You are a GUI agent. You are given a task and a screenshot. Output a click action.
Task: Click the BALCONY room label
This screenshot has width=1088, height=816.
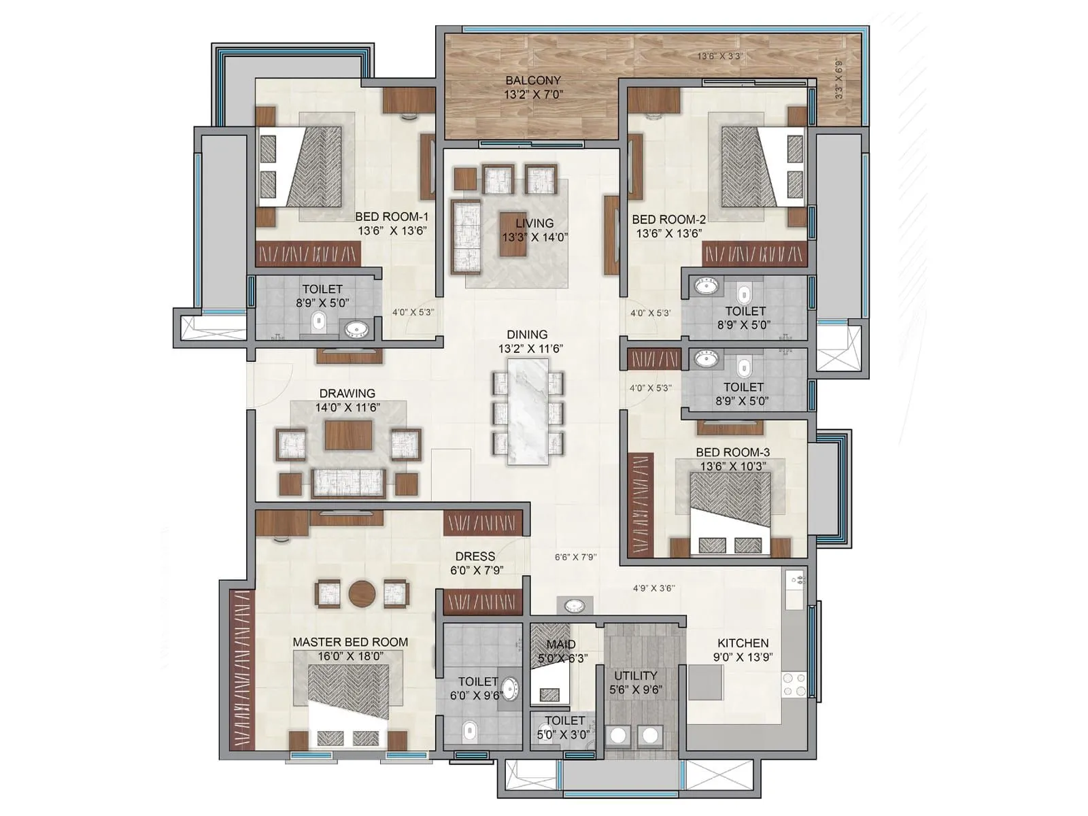coord(533,80)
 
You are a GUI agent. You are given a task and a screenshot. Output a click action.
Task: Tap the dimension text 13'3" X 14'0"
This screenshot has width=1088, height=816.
coord(534,237)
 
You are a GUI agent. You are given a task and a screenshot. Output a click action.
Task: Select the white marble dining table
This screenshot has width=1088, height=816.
coord(528,411)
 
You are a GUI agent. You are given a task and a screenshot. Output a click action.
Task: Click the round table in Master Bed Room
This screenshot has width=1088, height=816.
coord(362,593)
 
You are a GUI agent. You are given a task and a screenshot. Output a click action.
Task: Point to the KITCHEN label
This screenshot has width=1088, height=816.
coord(743,643)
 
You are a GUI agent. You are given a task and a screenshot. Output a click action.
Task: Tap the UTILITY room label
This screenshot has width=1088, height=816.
coord(635,675)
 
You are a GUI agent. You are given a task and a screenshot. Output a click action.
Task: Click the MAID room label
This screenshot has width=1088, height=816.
coord(561,644)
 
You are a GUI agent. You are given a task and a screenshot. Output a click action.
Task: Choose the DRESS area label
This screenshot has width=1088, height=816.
coord(475,556)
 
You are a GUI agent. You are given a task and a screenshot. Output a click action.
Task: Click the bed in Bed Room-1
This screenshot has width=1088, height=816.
coord(302,167)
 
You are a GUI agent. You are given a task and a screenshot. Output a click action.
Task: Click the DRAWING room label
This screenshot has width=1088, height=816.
coord(347,393)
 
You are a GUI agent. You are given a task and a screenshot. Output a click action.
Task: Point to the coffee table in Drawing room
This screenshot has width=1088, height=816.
coord(348,435)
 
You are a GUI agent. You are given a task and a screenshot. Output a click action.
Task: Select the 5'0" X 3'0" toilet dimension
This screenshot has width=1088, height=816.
coord(564,734)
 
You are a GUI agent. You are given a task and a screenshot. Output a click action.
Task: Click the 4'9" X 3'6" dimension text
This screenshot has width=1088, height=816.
coord(653,588)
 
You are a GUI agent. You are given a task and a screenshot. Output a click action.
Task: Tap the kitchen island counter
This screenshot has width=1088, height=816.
coord(704,682)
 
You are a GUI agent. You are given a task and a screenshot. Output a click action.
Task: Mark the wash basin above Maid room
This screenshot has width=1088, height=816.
coord(575,605)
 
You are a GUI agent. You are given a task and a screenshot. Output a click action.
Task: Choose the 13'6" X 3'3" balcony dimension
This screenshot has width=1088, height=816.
coord(720,56)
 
